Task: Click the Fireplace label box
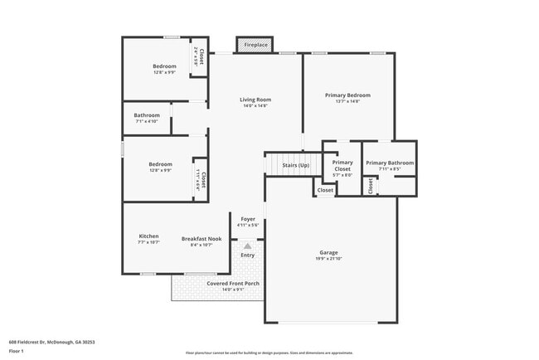[255, 45]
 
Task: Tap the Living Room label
[257, 100]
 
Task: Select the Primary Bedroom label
[347, 95]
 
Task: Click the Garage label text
[328, 252]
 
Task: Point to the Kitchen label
[148, 236]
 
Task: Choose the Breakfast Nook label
[202, 239]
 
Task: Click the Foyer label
[248, 219]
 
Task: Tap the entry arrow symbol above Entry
[247, 246]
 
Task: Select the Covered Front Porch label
[233, 283]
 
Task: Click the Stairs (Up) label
[296, 165]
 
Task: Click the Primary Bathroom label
[390, 163]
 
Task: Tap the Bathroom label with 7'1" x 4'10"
[147, 115]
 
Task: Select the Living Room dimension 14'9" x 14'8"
[256, 106]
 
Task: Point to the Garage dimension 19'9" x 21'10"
[329, 259]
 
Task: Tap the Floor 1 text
[17, 351]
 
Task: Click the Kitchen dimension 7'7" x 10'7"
[148, 243]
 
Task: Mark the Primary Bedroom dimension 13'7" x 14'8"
[347, 102]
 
